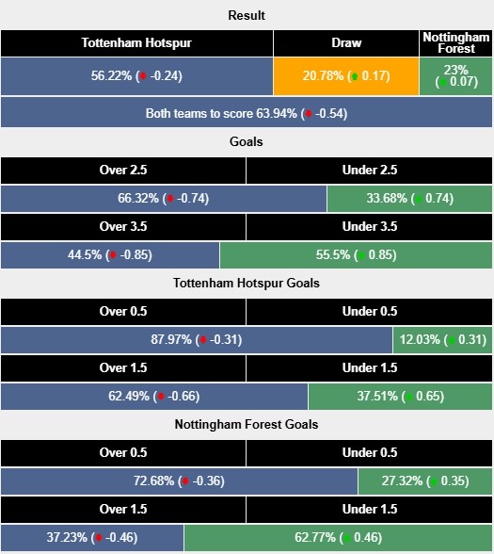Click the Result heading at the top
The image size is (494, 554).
point(247,15)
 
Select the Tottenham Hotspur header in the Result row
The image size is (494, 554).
point(136,43)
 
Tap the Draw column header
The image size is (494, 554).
point(346,43)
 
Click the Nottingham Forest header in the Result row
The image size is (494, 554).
point(456,43)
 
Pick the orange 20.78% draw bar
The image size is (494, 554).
point(346,76)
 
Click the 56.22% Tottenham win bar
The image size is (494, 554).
point(136,76)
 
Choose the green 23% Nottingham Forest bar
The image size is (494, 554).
point(456,76)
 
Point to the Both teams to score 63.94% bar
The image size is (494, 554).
point(247,113)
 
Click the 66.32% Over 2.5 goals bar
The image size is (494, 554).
point(164,199)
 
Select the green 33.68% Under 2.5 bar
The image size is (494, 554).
point(409,199)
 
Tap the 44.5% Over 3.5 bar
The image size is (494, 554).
point(110,255)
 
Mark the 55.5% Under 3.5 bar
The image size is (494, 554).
point(356,255)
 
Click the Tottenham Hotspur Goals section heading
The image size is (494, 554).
point(247,283)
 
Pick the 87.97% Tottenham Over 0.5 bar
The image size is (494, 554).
point(197,340)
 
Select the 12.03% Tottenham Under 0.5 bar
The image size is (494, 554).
point(442,340)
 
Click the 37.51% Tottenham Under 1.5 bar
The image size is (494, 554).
point(400,397)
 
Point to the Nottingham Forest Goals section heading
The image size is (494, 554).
point(247,424)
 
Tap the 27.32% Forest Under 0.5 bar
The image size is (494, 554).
point(425,481)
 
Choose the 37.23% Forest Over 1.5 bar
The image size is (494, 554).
point(92,538)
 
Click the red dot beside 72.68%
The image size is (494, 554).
point(184,482)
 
